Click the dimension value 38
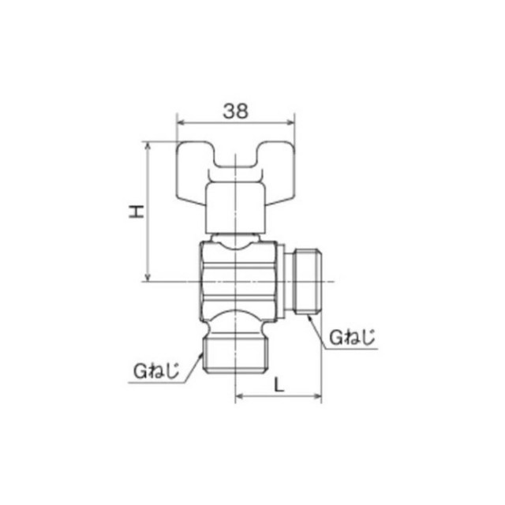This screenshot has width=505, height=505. coord(236,111)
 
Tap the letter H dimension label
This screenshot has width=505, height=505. coord(137,211)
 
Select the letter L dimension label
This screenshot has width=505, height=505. coord(279,384)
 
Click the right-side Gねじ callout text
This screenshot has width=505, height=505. coord(353,338)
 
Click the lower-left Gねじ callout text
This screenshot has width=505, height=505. coord(156,372)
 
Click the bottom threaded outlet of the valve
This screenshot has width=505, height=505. coord(235,354)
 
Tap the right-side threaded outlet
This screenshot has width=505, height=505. coord(309,281)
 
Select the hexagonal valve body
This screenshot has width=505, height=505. coord(238,282)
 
